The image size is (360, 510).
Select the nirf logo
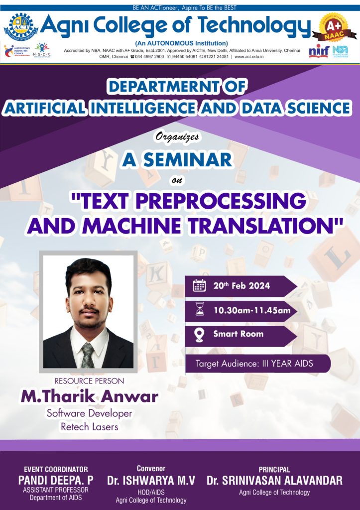319,51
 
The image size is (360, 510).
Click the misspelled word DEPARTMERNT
177,86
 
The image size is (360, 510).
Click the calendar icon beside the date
199,285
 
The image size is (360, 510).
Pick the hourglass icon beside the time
199,310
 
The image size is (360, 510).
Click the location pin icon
199,334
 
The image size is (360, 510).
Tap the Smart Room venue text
239,334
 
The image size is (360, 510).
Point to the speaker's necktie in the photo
88,354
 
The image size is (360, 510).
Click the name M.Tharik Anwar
89,396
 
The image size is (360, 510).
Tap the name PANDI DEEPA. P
56,481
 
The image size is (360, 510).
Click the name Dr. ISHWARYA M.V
151,481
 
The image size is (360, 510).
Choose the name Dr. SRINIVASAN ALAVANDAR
274,481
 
